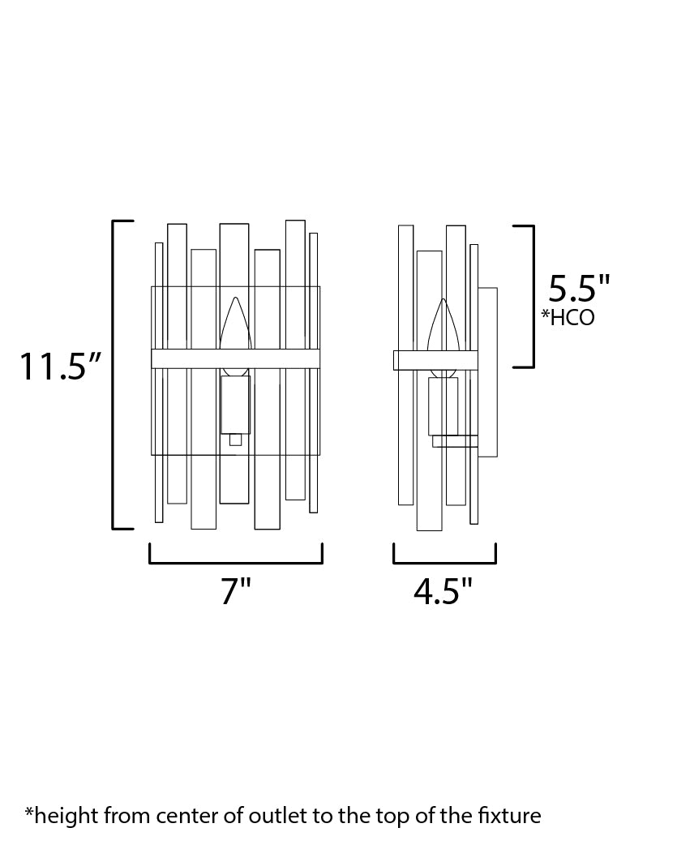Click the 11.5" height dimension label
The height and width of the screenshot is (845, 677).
60,367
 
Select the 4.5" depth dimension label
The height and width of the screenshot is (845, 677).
443,591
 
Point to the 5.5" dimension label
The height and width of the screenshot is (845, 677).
579,289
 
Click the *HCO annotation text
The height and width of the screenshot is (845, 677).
568,317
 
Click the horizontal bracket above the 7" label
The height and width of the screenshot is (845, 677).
236,563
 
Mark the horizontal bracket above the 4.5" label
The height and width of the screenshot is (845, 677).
444,563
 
